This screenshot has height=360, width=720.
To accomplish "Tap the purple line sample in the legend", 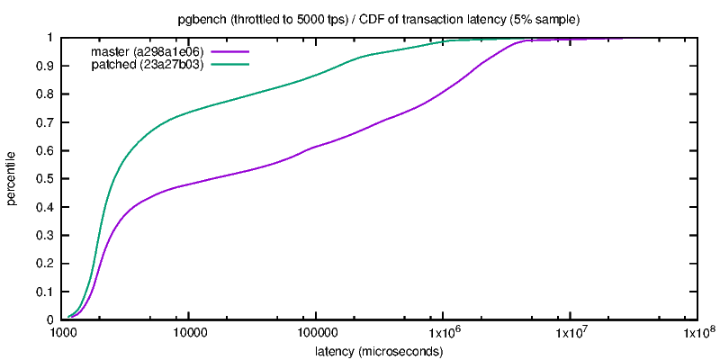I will [229, 52].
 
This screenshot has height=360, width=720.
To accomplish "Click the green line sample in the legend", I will [229, 65].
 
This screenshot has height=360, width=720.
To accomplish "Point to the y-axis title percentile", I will [13, 178].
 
